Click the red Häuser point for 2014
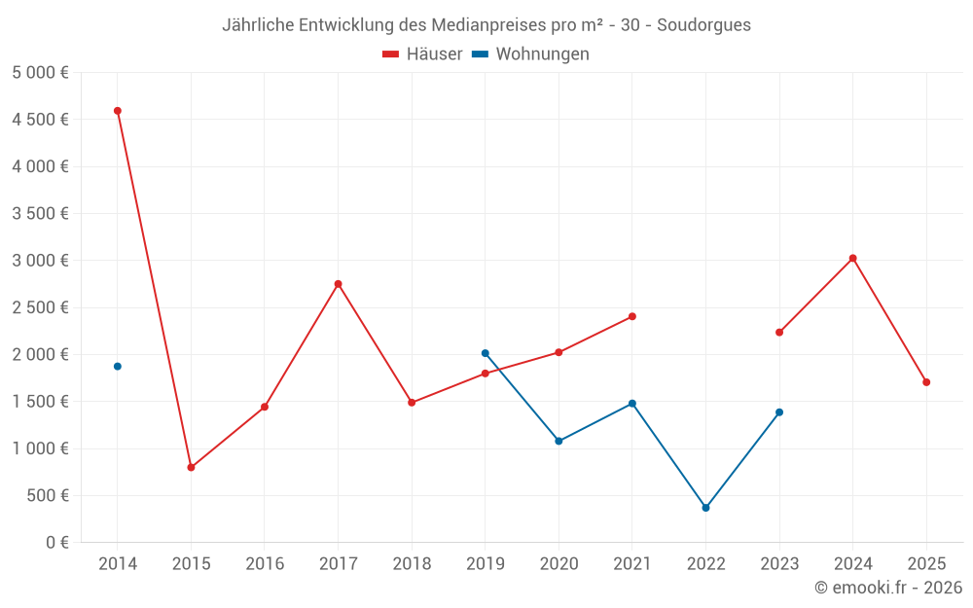point(118,111)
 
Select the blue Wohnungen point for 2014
point(118,367)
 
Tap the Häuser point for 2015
point(191,468)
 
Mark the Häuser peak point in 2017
point(339,284)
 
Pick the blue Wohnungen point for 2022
point(706,508)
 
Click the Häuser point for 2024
point(853,258)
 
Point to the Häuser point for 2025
point(926,382)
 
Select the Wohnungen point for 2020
point(559,441)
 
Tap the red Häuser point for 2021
point(632,316)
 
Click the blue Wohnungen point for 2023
point(779,412)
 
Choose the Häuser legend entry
point(422,54)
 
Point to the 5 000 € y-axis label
point(40,73)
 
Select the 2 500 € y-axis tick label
point(40,307)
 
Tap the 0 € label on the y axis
point(54,543)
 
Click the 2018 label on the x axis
point(412,564)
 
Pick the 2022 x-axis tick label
point(706,564)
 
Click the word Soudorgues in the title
point(703,25)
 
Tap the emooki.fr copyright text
point(888,588)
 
